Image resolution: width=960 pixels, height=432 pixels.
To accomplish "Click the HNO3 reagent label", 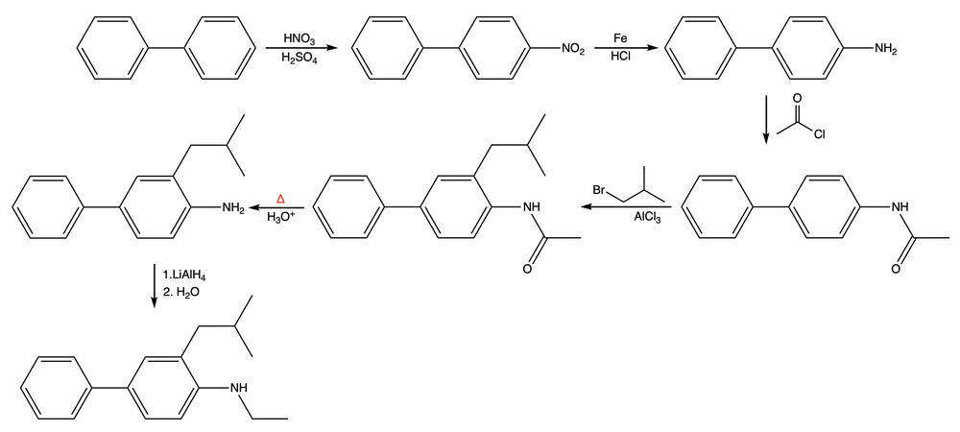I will click(300, 37).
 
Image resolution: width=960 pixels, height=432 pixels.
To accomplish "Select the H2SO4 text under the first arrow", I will click(300, 60).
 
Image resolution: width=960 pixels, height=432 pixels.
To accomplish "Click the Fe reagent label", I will click(621, 37).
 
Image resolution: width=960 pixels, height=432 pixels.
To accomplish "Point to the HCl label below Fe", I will click(621, 59).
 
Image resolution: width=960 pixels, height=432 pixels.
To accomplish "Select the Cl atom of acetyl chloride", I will click(819, 135).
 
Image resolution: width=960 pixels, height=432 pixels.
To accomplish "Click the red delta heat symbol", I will click(281, 198).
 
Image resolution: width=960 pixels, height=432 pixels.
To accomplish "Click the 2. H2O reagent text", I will click(181, 293).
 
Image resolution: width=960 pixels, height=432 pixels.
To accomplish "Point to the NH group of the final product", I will click(238, 388).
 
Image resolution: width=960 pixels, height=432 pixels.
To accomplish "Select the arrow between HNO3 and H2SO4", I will click(299, 48).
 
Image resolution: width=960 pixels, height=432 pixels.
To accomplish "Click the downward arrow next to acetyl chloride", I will click(766, 119).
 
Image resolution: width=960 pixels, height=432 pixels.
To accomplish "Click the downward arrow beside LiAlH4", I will click(154, 285).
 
